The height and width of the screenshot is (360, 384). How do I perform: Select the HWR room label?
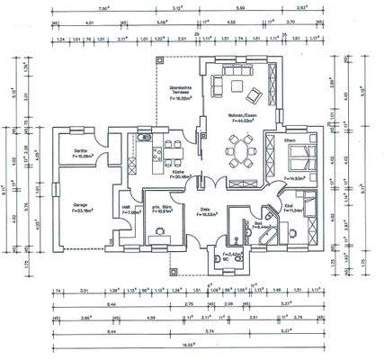127,209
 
